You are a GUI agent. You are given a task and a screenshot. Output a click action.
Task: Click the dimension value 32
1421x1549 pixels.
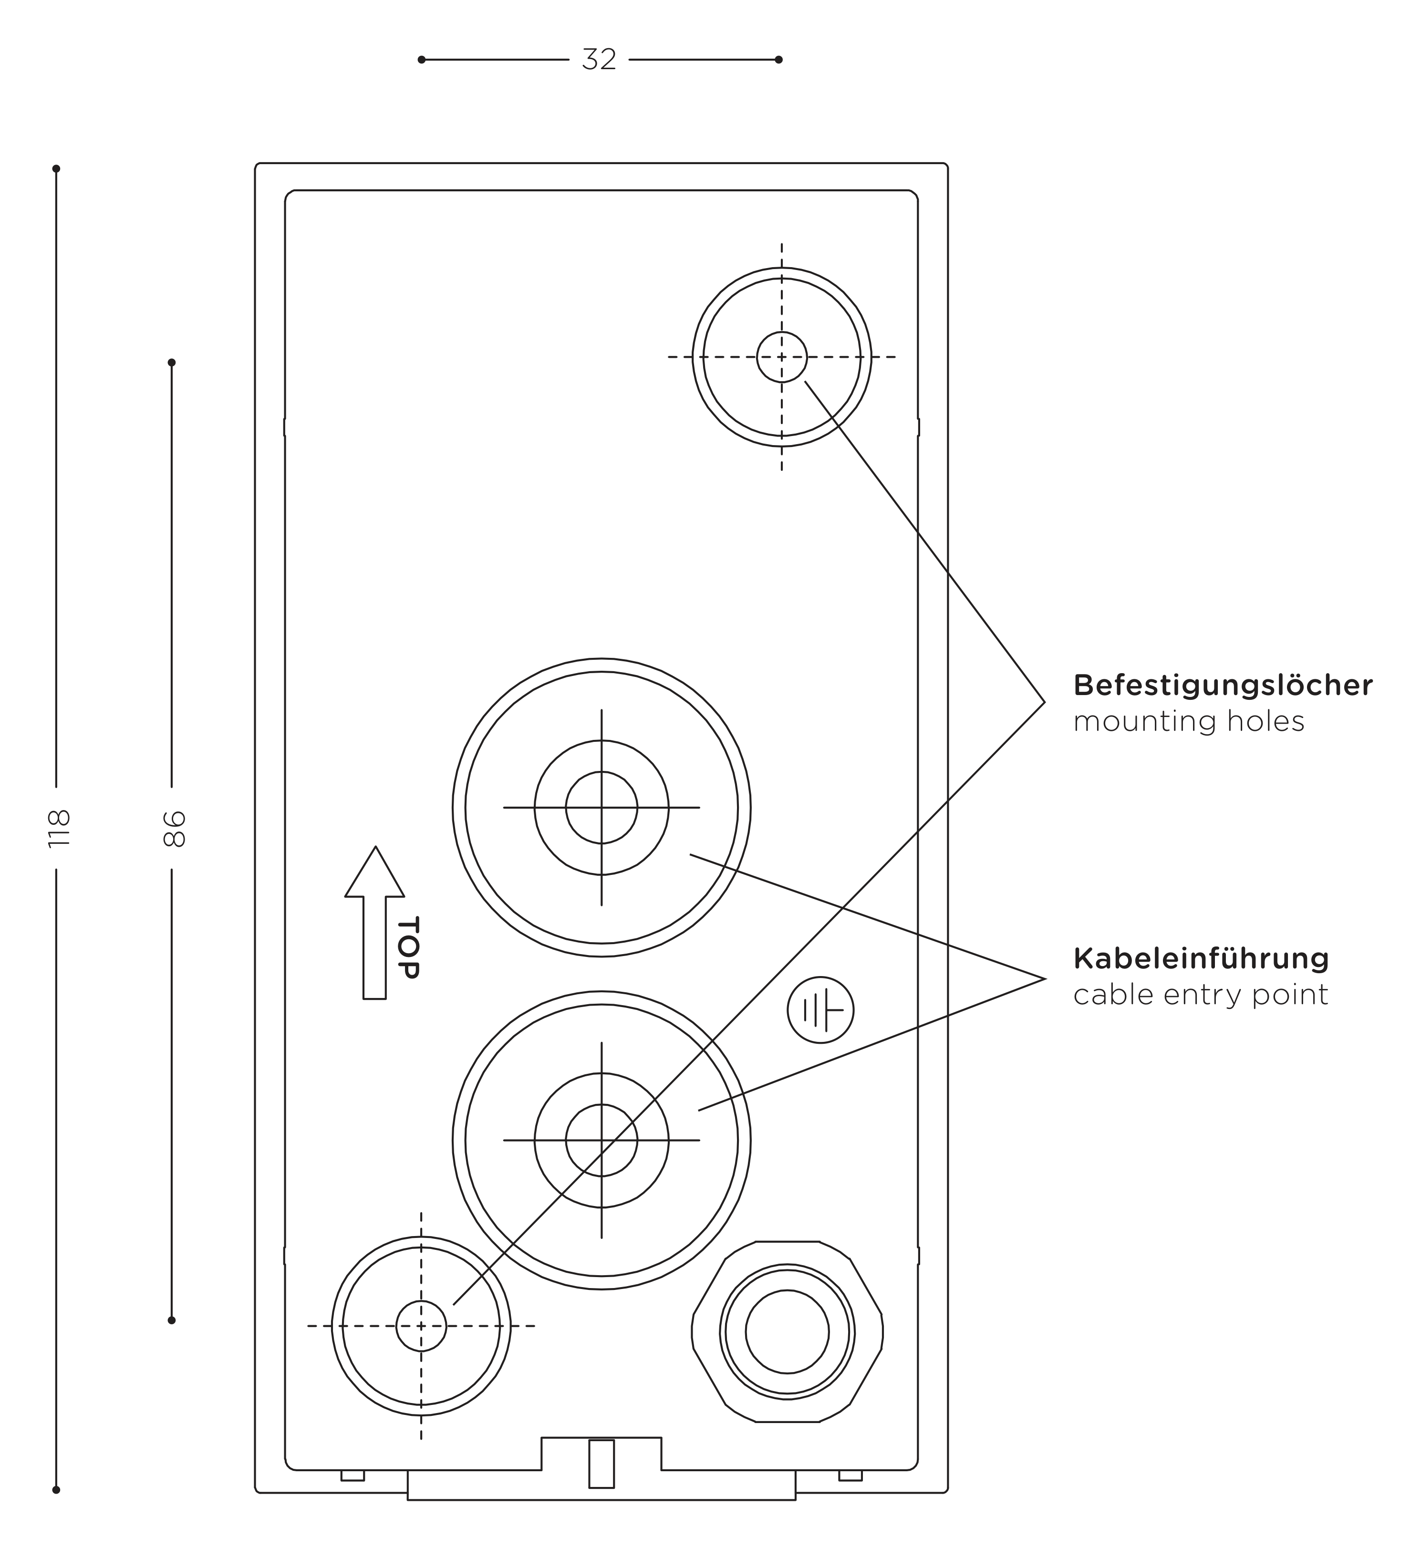(x=599, y=59)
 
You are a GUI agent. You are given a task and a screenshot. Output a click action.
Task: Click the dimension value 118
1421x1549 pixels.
(x=59, y=828)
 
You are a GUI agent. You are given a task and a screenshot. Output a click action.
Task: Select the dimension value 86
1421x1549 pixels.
(x=175, y=828)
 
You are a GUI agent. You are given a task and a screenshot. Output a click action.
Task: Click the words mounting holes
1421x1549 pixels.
(x=1189, y=721)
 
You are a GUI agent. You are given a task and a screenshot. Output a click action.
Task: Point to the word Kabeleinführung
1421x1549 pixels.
(x=1201, y=958)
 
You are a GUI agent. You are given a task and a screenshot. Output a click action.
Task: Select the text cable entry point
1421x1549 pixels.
(x=1200, y=995)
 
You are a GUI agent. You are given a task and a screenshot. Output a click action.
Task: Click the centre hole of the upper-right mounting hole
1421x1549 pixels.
(x=782, y=357)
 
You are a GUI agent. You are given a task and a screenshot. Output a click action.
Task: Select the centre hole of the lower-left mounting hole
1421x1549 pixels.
(x=421, y=1326)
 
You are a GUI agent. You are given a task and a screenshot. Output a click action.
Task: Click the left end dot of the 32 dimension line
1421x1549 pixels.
(x=421, y=59)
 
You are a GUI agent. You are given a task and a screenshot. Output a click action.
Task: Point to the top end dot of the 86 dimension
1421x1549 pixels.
(x=171, y=362)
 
